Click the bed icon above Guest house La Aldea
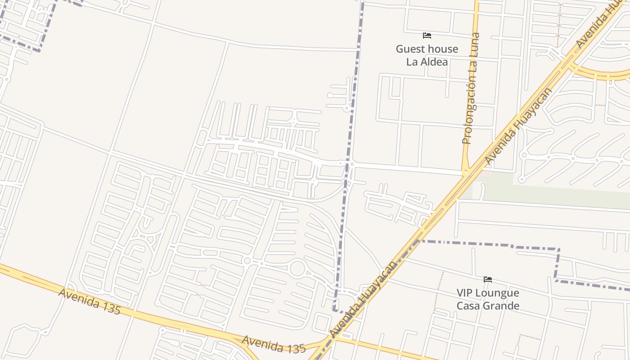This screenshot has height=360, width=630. [x=427, y=35]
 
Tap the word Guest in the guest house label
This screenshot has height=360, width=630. [x=410, y=49]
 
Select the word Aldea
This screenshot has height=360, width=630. [x=435, y=62]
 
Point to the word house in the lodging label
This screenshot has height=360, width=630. [x=443, y=49]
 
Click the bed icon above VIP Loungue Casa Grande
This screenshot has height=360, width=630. [x=487, y=279]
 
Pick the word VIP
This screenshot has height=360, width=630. [x=466, y=293]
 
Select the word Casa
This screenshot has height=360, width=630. [x=468, y=306]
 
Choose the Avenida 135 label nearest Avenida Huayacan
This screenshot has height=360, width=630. [x=274, y=344]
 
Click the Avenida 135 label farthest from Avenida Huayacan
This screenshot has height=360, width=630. [x=90, y=301]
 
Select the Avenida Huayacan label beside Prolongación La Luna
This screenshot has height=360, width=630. [x=518, y=126]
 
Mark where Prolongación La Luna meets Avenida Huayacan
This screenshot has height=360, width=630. [x=465, y=173]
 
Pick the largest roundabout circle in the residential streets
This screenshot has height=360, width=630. [x=297, y=269]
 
